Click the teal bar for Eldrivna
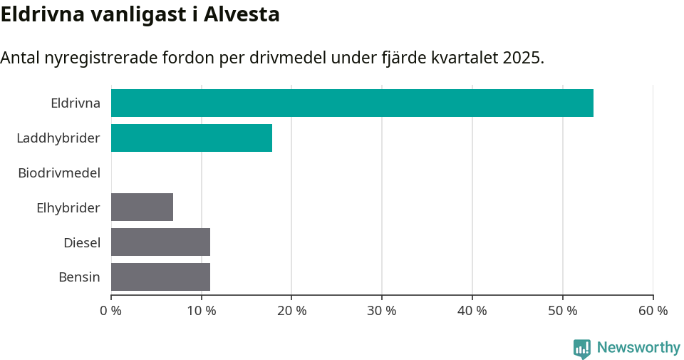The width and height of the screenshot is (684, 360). [x=352, y=103]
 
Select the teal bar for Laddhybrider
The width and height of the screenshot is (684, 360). [x=192, y=138]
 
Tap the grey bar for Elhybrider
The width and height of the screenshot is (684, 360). [x=142, y=207]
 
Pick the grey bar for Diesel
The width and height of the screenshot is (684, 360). [x=160, y=242]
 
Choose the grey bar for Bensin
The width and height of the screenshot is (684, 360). [x=160, y=277]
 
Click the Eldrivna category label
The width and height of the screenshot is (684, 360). [x=76, y=103]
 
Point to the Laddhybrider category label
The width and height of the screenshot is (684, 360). [x=58, y=138]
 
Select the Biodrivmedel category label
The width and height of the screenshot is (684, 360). [x=59, y=173]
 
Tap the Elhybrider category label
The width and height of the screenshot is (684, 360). [x=68, y=207]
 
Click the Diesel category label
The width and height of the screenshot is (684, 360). [x=82, y=242]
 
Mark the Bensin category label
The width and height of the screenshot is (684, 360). [x=79, y=277]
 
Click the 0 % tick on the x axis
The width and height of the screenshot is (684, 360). [x=111, y=311]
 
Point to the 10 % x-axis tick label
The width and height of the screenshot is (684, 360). [x=202, y=311]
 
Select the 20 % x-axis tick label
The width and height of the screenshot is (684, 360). [x=291, y=311]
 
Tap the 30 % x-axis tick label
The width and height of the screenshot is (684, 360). [x=382, y=311]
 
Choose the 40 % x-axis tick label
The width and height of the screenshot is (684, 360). [x=472, y=311]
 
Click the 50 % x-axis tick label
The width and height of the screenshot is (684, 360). [x=563, y=311]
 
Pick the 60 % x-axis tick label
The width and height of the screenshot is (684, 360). [x=653, y=311]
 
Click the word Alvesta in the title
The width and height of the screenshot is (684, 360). [x=242, y=14]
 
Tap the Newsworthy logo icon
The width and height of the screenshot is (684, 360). [x=582, y=348]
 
